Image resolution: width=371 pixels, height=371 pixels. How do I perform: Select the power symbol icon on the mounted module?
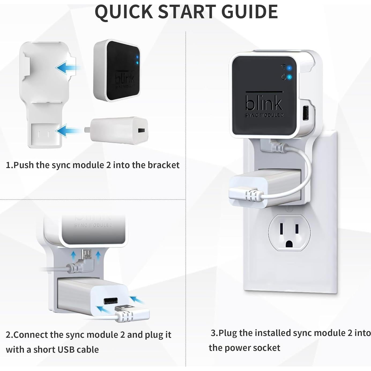pos(284,77)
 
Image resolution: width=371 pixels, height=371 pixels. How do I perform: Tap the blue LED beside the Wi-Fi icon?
pos(290,67)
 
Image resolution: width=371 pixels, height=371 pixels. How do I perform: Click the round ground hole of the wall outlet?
pos(289,244)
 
